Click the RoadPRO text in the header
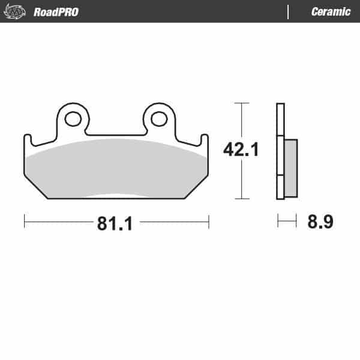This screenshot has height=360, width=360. click(x=56, y=12)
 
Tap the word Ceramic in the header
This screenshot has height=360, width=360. click(x=331, y=12)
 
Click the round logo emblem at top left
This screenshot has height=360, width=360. click(x=14, y=11)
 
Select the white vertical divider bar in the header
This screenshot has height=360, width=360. click(x=288, y=12)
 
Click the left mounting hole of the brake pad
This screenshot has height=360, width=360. click(x=73, y=119)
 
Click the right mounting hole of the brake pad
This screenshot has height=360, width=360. click(x=159, y=119)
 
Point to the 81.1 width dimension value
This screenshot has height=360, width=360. click(x=115, y=223)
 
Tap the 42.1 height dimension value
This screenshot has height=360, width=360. click(x=241, y=149)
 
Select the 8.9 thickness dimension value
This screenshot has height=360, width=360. click(x=320, y=221)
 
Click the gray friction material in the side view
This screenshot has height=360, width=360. click(x=291, y=168)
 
